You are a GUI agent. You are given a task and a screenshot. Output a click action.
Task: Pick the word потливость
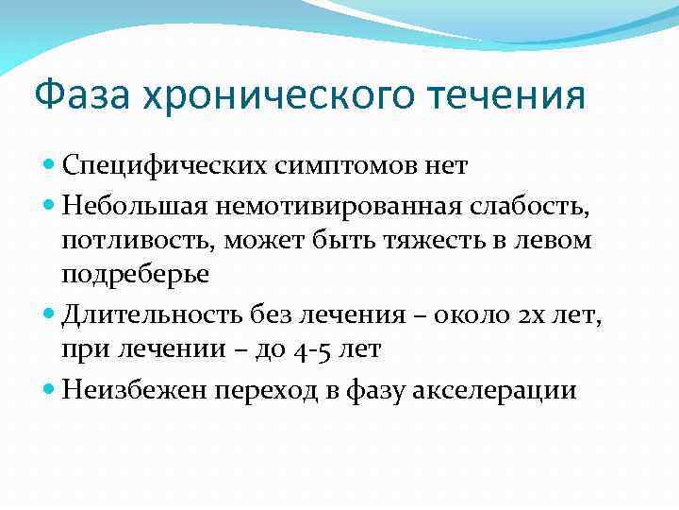click(x=138, y=241)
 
